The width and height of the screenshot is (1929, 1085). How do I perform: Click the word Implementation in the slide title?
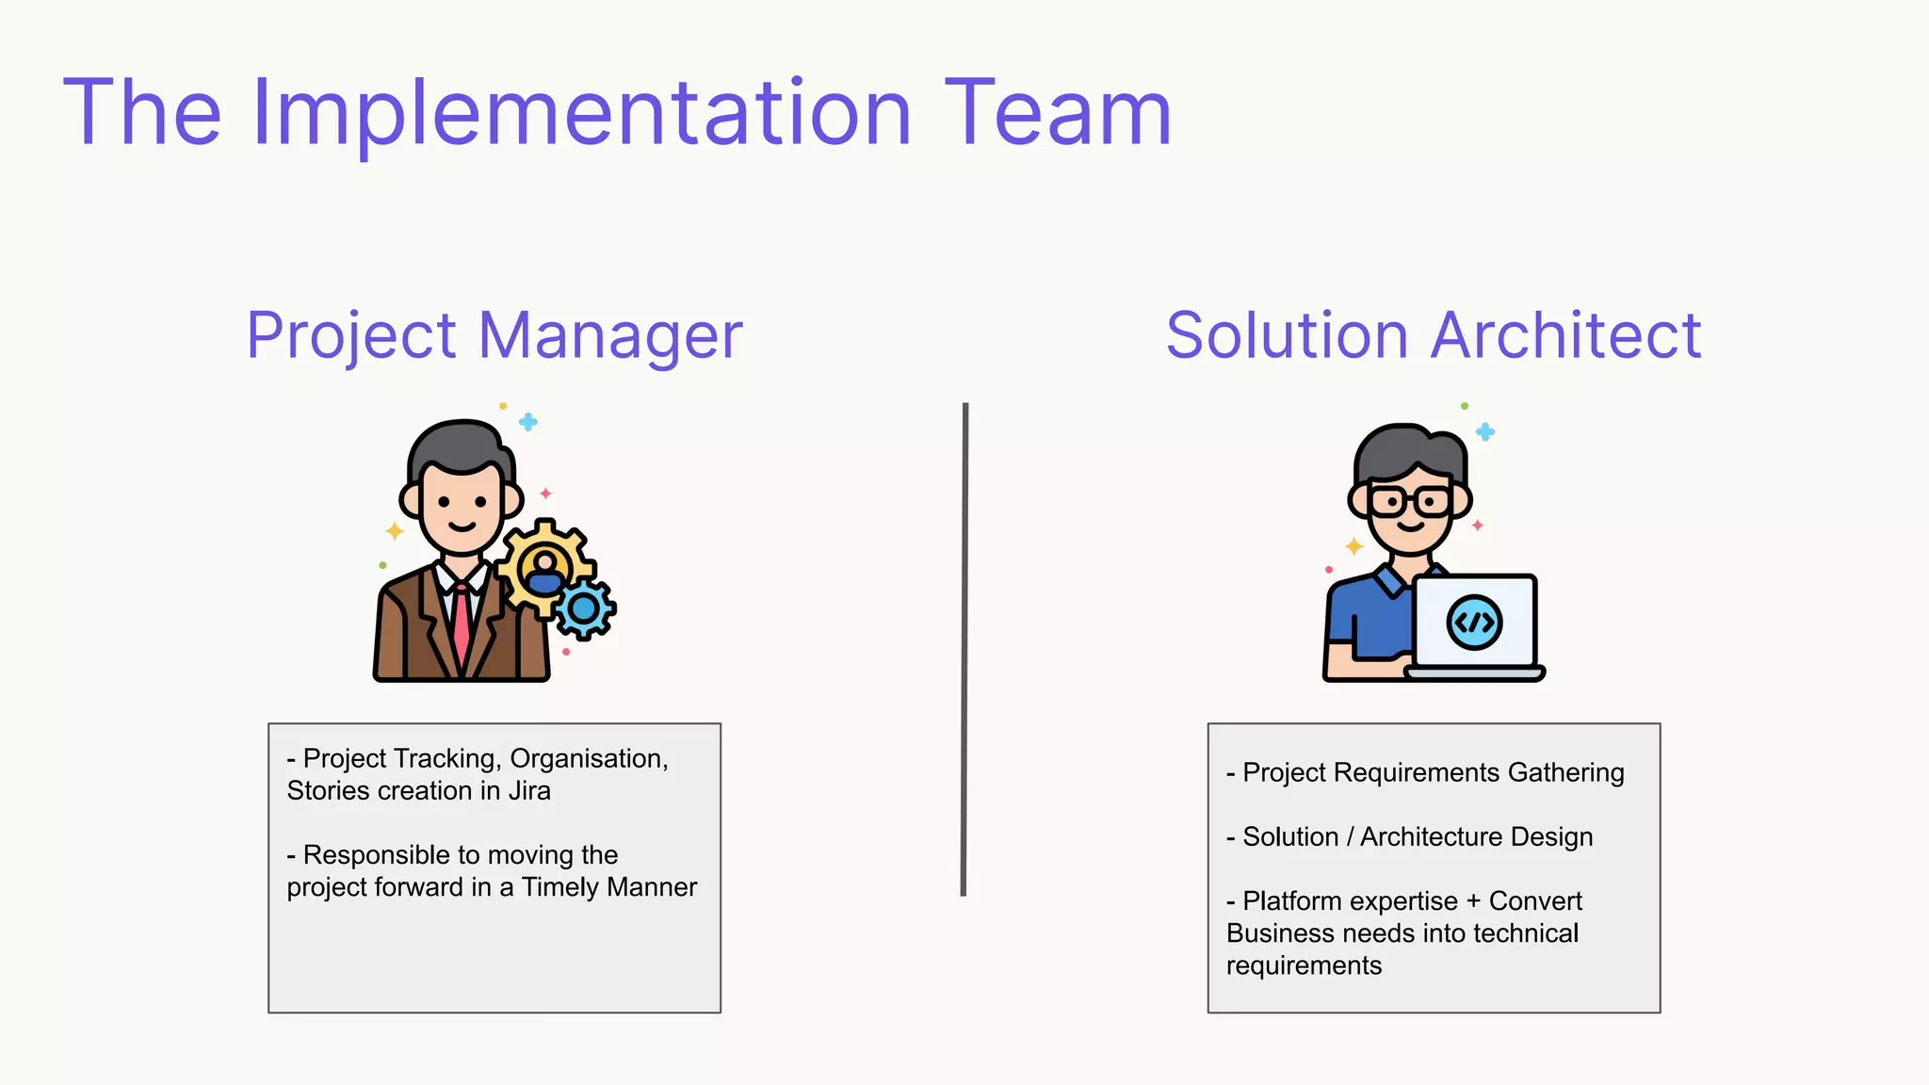582,115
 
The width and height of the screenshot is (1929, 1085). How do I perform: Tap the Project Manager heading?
494,335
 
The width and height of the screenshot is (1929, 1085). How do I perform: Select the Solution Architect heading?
1434,335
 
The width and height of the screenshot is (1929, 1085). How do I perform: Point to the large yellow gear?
545,566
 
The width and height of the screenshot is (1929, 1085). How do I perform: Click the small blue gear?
585,609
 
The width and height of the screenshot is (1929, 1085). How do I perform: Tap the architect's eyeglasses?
1410,501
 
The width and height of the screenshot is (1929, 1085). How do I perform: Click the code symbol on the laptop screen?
1474,623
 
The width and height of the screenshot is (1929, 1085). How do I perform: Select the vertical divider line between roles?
964,650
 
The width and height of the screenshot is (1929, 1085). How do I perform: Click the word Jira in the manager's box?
529,791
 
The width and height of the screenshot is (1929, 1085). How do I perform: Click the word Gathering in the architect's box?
1565,772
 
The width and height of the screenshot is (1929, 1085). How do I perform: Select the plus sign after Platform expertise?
1473,901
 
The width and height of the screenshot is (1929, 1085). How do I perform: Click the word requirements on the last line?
1304,965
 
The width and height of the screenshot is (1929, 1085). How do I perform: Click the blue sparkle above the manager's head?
528,422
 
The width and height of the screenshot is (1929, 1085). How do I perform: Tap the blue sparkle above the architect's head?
1485,432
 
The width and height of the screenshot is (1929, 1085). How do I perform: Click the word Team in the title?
1058,115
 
